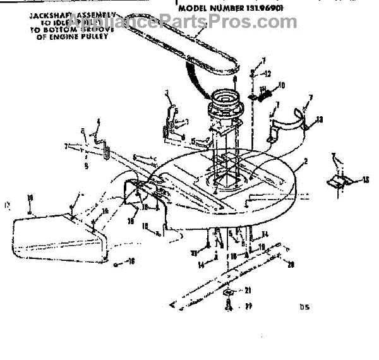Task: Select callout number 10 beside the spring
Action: pos(282,85)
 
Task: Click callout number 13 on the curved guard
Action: pos(320,119)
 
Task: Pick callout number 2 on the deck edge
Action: pos(305,162)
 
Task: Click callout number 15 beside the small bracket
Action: pos(366,181)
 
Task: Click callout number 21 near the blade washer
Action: pos(248,290)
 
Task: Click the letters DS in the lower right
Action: pos(307,308)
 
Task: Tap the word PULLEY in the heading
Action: pos(95,36)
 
